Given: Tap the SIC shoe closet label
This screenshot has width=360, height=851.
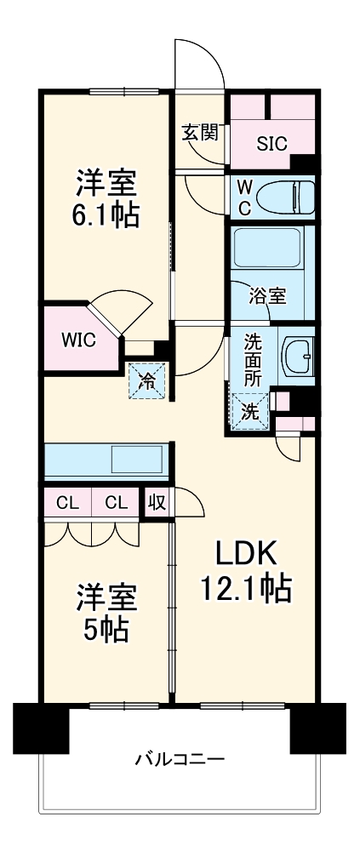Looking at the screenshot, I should tap(273, 142).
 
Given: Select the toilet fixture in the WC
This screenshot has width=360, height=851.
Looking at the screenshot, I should tap(282, 197).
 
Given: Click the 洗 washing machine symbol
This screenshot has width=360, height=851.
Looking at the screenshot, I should tap(249, 411).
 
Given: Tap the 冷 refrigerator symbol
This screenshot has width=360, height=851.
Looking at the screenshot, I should tap(147, 380).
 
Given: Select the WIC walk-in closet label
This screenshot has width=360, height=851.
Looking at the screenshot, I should tap(77, 339).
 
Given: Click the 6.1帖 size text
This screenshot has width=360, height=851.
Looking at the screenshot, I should tap(106, 214).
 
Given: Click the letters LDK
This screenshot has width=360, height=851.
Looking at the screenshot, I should tap(245, 554).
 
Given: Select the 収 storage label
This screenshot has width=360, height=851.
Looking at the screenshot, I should tap(157, 502).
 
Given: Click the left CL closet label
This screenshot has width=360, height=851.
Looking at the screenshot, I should tap(67, 502).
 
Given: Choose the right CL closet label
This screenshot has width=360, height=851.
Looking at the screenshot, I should tap(117, 502).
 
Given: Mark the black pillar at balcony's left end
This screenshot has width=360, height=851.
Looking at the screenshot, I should tap(40, 728).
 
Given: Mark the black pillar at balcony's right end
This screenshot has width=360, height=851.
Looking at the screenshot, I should tap(317, 728).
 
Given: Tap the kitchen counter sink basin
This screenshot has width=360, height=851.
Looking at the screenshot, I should tap(136, 459).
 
